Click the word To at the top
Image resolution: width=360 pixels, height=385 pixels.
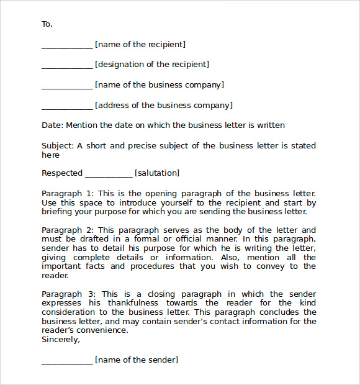click(47, 24)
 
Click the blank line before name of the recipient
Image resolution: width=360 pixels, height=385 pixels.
click(67, 47)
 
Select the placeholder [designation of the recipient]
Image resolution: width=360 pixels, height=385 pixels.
click(152, 65)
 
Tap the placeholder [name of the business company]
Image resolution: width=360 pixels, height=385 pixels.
click(160, 85)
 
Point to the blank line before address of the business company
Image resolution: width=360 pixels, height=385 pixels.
click(67, 107)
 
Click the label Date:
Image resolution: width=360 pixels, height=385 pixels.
click(52, 125)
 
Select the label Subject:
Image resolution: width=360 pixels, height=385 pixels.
click(58, 146)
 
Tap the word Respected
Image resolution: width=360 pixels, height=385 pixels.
click(62, 173)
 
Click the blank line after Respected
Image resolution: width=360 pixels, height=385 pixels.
click(109, 176)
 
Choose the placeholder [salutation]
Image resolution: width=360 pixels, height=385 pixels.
click(157, 173)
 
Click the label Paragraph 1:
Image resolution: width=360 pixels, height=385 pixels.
click(68, 194)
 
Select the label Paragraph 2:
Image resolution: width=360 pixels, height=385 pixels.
click(68, 230)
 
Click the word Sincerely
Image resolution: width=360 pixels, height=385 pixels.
click(60, 340)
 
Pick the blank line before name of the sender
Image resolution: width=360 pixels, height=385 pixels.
click(67, 362)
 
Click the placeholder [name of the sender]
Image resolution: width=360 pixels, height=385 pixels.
click(137, 360)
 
